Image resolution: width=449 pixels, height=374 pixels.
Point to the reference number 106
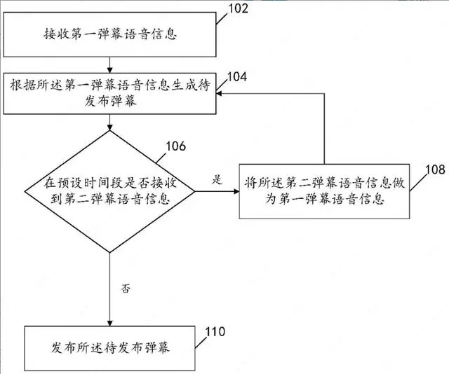[175, 146]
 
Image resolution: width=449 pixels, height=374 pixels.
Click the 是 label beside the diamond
[218, 179]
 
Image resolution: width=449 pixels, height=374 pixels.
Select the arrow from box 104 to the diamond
[109, 120]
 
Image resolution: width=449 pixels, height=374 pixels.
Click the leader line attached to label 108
[417, 184]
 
